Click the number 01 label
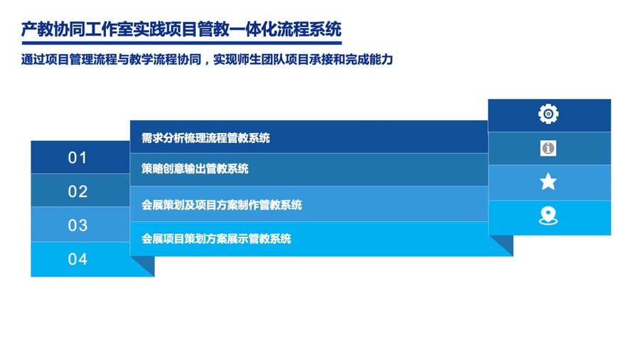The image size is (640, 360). (x=78, y=158)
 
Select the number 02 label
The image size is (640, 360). (x=78, y=191)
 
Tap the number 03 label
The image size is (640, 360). (x=78, y=226)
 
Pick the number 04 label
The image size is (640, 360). (x=78, y=259)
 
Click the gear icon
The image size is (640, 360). (x=548, y=114)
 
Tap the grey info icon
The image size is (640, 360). (x=548, y=148)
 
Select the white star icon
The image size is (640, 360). (x=548, y=181)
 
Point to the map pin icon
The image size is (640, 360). (x=548, y=216)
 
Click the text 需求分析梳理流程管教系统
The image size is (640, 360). (x=206, y=138)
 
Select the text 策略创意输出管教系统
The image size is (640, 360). (x=195, y=169)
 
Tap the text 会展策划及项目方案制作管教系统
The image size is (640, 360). (x=222, y=205)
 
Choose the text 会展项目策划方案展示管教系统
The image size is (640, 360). (x=216, y=239)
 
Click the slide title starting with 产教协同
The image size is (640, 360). (x=181, y=29)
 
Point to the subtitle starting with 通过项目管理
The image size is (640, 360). (x=207, y=60)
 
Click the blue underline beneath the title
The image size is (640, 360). (x=181, y=43)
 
